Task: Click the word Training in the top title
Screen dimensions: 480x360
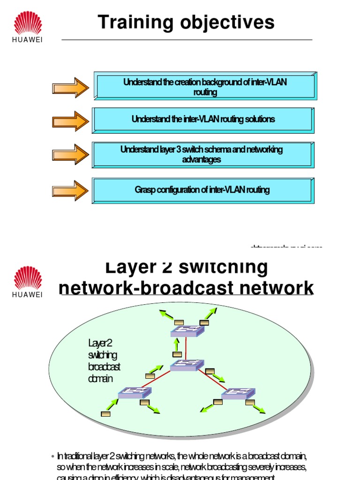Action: pyautogui.click(x=133, y=22)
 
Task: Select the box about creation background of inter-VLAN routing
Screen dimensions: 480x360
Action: pyautogui.click(x=205, y=87)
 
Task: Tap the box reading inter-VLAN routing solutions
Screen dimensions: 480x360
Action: pyautogui.click(x=203, y=120)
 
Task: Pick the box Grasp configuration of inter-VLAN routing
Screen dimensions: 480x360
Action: pyautogui.click(x=202, y=190)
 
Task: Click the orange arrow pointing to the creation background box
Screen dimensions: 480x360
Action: pyautogui.click(x=70, y=88)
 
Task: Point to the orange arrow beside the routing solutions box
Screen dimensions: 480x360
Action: pyautogui.click(x=70, y=121)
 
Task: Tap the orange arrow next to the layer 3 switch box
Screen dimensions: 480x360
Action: pyautogui.click(x=70, y=155)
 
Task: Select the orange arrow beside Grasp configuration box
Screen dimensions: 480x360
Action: pyautogui.click(x=70, y=190)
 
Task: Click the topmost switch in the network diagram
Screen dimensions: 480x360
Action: pyautogui.click(x=187, y=331)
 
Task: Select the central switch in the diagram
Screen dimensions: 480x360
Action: pyautogui.click(x=187, y=365)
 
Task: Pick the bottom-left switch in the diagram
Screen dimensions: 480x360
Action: pyautogui.click(x=135, y=393)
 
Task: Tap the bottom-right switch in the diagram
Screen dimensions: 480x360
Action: pyautogui.click(x=238, y=393)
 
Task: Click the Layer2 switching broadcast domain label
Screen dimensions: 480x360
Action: pyautogui.click(x=104, y=360)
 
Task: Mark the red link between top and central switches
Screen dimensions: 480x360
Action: pyautogui.click(x=186, y=348)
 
